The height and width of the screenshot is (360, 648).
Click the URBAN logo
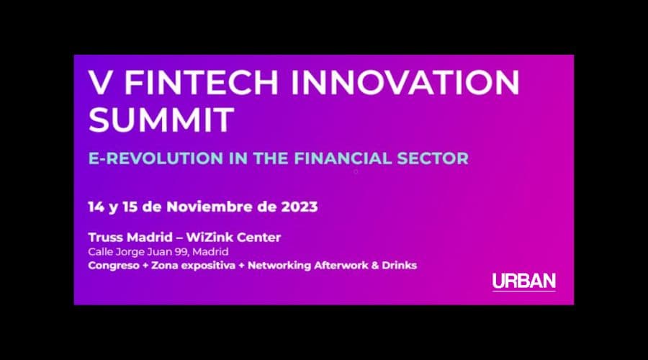click(524, 282)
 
